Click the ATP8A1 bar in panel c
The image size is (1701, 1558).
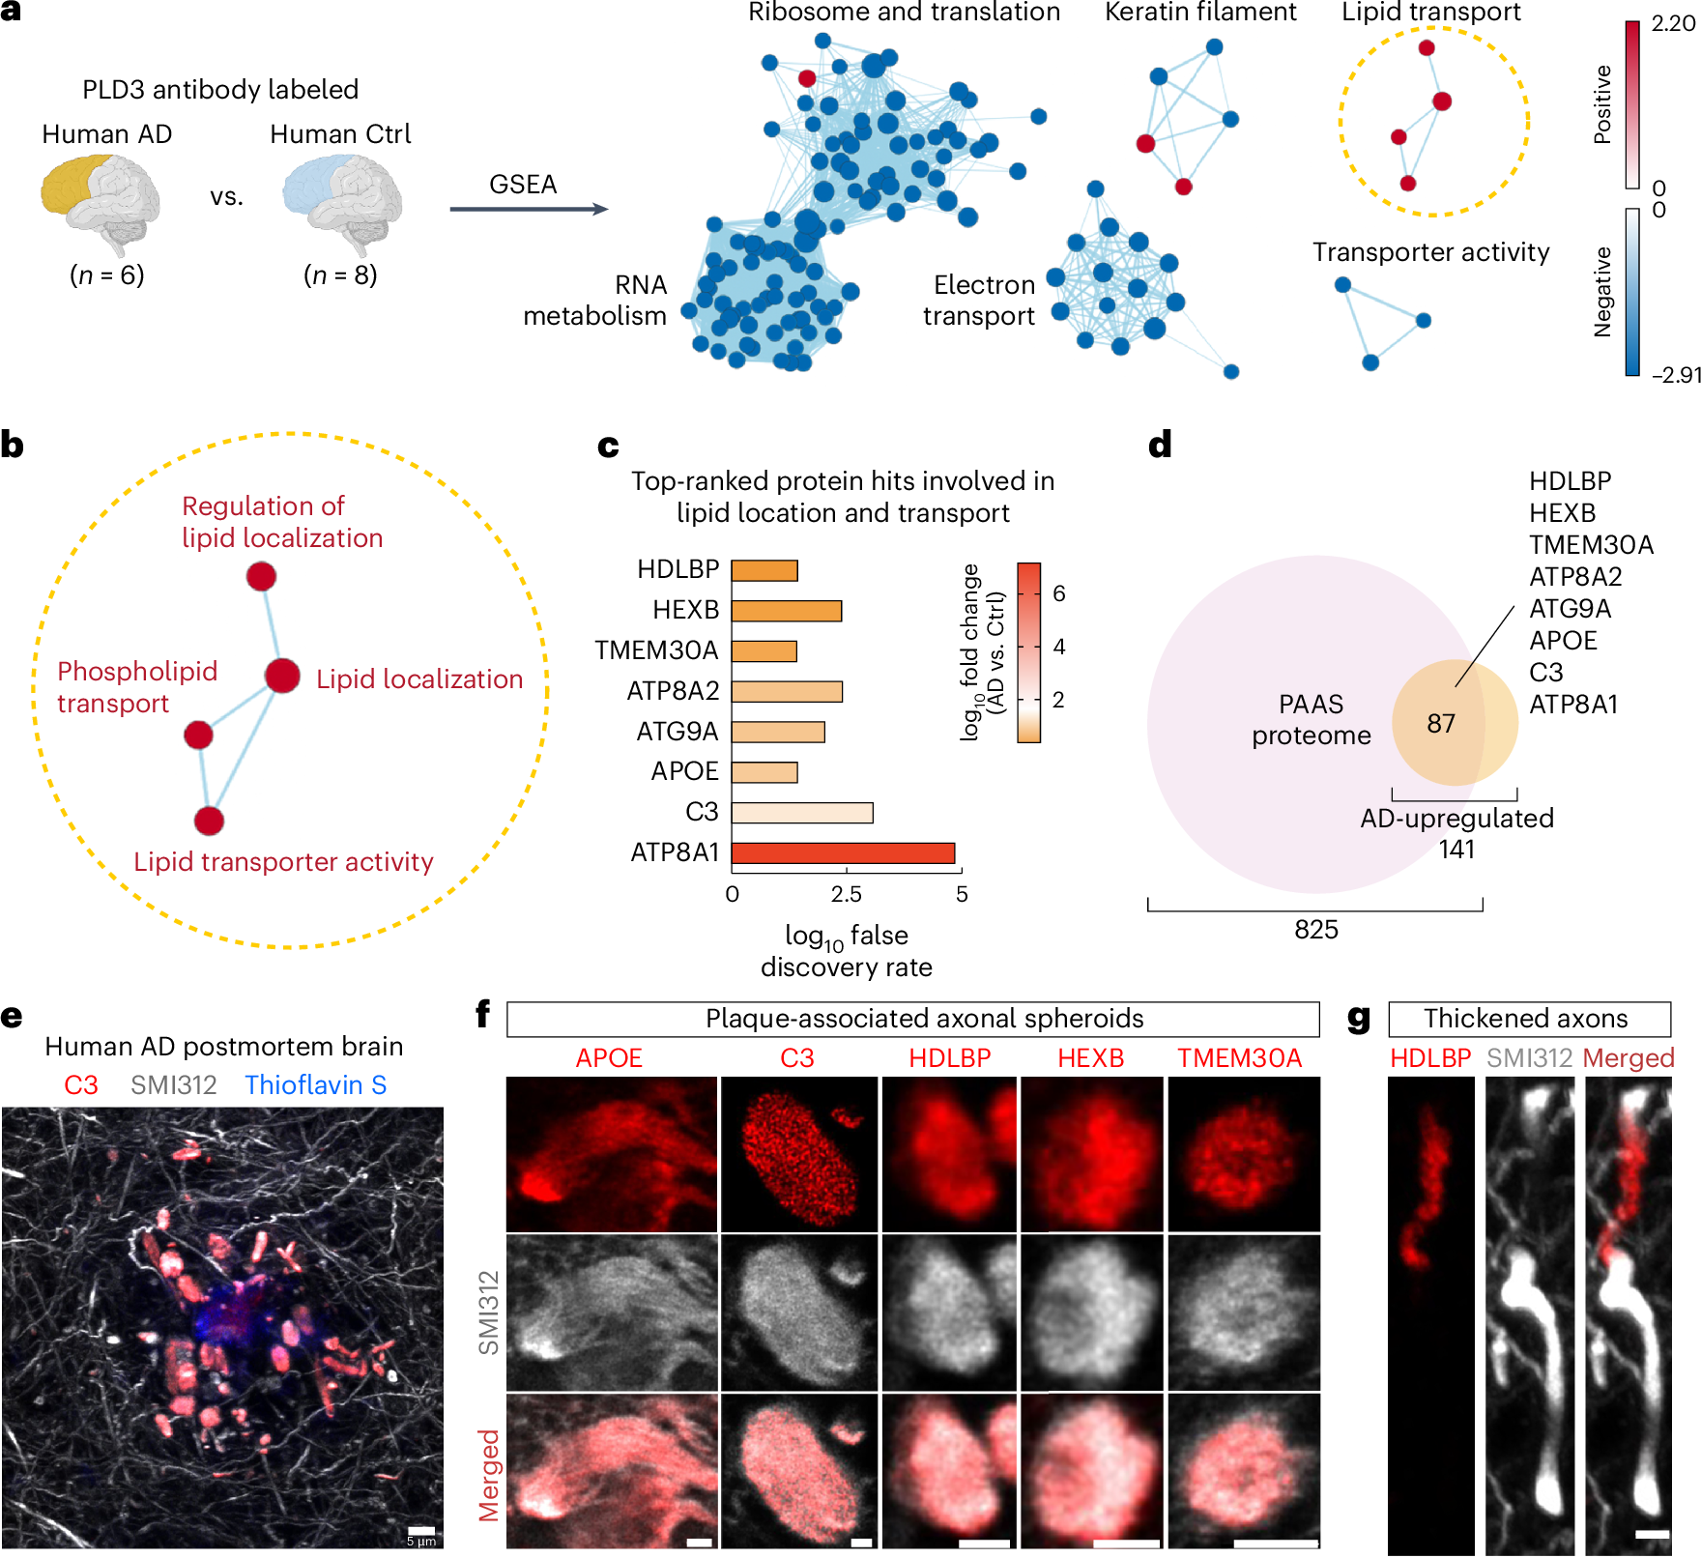point(843,852)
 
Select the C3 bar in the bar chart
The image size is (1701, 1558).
point(802,812)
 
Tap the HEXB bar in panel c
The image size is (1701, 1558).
point(786,611)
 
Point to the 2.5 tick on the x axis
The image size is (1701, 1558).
point(847,894)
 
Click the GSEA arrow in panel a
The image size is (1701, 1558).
point(529,209)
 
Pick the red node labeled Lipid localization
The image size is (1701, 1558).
point(282,676)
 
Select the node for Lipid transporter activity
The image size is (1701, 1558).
point(209,821)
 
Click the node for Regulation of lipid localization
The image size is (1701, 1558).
point(261,576)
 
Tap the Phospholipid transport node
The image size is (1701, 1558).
point(198,735)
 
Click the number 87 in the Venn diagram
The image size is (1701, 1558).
point(1440,723)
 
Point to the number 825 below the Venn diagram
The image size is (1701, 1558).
point(1316,930)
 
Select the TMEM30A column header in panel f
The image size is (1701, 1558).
point(1239,1058)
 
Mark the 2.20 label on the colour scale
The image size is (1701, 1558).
point(1673,24)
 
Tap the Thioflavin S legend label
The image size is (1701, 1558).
point(315,1085)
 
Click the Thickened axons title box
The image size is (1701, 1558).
point(1529,1019)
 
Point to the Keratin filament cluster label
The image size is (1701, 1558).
point(1200,13)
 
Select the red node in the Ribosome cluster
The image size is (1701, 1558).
point(807,78)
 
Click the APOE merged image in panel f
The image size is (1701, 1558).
point(612,1470)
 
